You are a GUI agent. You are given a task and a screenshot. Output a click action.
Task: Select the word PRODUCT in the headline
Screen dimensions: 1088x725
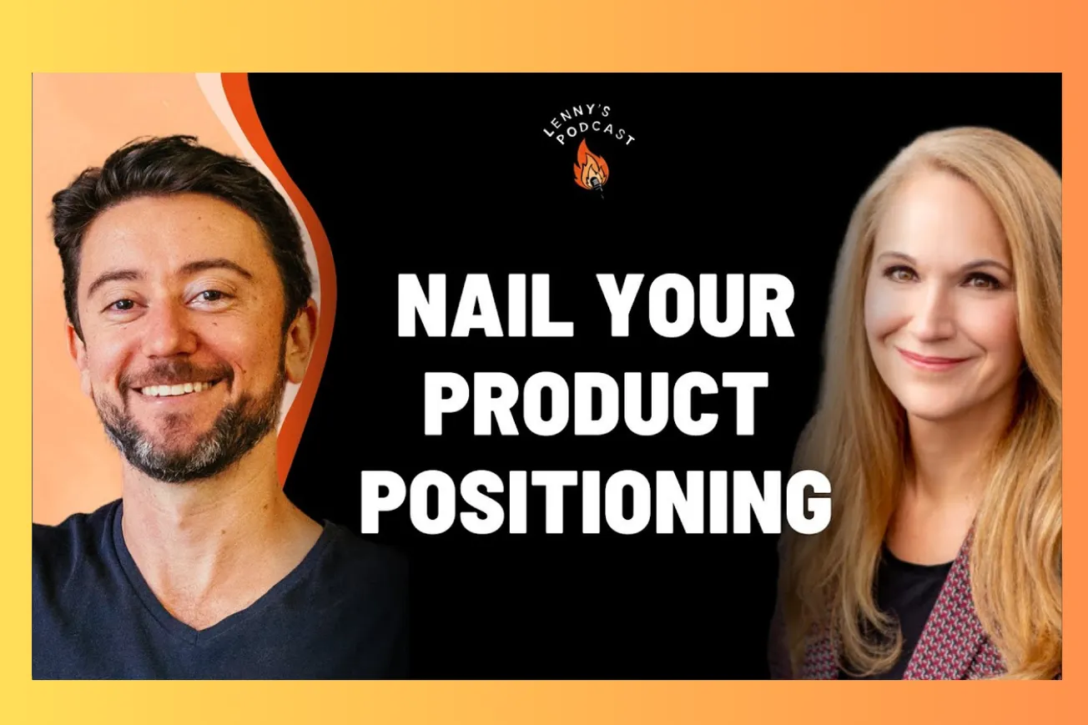click(x=596, y=404)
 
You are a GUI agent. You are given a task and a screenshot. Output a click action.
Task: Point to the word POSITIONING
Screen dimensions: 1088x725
click(x=596, y=502)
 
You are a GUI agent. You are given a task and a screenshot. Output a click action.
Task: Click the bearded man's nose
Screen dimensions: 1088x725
click(x=171, y=330)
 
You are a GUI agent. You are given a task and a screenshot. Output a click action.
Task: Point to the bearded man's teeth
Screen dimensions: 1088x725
click(x=176, y=389)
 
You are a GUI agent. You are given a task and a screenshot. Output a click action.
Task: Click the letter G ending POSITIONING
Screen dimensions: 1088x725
click(x=807, y=502)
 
